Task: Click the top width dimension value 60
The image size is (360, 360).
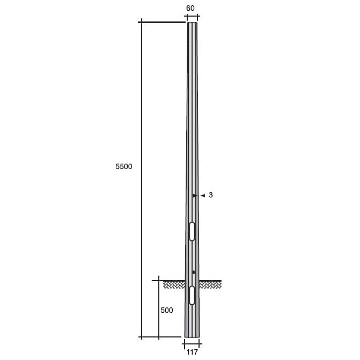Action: [190, 8]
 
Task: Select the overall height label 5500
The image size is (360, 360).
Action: [123, 167]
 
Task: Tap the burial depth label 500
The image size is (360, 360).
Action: [167, 310]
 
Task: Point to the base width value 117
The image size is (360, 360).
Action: [192, 352]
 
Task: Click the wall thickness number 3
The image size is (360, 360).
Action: [211, 195]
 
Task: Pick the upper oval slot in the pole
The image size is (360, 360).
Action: [192, 231]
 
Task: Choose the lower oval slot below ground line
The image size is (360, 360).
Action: [192, 295]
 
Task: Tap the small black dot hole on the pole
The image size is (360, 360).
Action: [194, 272]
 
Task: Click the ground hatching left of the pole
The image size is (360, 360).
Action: [174, 285]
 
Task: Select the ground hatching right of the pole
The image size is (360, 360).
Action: [210, 285]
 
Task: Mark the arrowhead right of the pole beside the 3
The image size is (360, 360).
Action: [203, 196]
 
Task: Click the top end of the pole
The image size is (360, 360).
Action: [192, 23]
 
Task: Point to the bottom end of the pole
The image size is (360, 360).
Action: [192, 336]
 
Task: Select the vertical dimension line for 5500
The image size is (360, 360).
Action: [142, 107]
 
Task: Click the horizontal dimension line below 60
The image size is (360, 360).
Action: [191, 17]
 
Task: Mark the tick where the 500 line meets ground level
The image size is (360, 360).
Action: [159, 281]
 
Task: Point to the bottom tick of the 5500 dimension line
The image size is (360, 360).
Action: [142, 337]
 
